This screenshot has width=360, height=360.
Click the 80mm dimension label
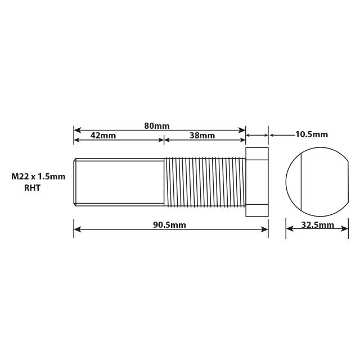(156, 126)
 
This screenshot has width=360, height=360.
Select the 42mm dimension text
(103, 136)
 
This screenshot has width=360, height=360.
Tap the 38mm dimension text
(202, 136)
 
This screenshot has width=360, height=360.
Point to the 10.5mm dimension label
(311, 134)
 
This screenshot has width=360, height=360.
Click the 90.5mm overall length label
(169, 225)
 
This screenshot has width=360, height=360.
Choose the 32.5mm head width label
(317, 225)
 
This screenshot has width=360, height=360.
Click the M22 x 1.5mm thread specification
(38, 177)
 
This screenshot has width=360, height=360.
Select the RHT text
(32, 188)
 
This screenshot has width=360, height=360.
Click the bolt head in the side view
(257, 182)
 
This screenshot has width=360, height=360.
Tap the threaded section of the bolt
(205, 182)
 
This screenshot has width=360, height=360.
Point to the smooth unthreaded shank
(120, 182)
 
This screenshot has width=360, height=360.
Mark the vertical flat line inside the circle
(301, 182)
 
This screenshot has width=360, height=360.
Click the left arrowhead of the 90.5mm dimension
(77, 229)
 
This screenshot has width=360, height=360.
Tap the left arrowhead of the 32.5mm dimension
(289, 229)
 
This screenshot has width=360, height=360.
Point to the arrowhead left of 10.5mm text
(272, 135)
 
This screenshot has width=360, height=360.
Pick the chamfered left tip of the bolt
(75, 182)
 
